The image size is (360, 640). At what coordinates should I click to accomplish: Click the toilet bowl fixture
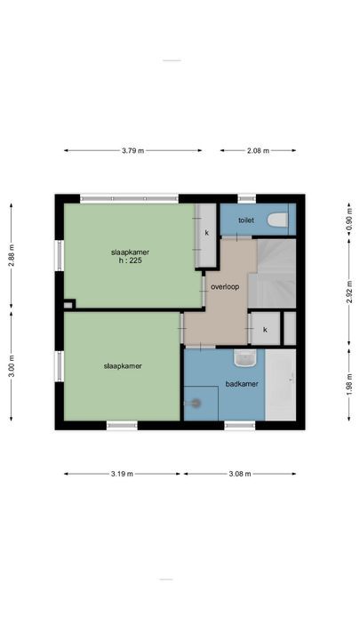pyautogui.click(x=277, y=220)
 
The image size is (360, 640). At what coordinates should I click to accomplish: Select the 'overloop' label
pyautogui.click(x=225, y=286)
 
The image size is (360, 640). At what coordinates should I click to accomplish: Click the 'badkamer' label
pyautogui.click(x=241, y=385)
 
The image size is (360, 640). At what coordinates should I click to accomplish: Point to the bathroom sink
pyautogui.click(x=244, y=358)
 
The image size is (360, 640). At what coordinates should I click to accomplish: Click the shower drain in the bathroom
pyautogui.click(x=196, y=403)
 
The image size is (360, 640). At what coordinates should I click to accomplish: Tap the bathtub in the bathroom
pyautogui.click(x=281, y=384)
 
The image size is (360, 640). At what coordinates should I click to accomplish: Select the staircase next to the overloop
pyautogui.click(x=271, y=276)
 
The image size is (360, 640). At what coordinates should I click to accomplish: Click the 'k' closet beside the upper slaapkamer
pyautogui.click(x=206, y=233)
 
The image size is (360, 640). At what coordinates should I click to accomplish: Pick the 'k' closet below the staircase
pyautogui.click(x=264, y=329)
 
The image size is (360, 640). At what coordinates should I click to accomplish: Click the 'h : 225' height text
pyautogui.click(x=131, y=261)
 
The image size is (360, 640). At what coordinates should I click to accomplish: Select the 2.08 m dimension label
pyautogui.click(x=259, y=150)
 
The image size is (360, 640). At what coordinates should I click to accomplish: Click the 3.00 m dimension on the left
pyautogui.click(x=12, y=367)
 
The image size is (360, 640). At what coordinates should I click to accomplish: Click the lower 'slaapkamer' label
pyautogui.click(x=123, y=365)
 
